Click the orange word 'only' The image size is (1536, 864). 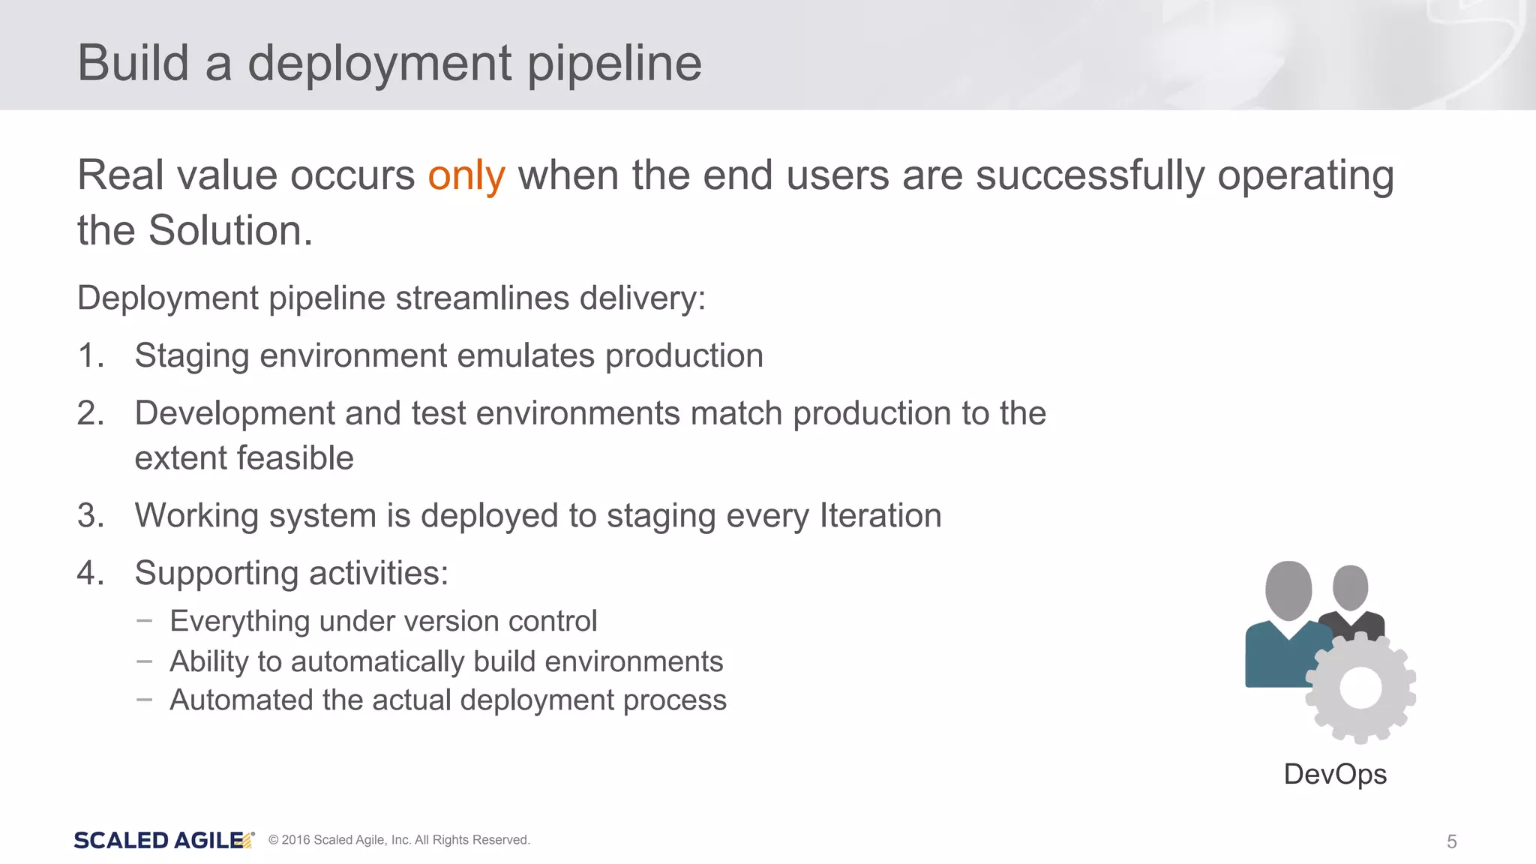pyautogui.click(x=466, y=177)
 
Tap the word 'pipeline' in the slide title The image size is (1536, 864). pyautogui.click(x=614, y=64)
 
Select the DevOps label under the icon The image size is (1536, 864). pyautogui.click(x=1335, y=775)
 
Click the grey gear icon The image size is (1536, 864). pyautogui.click(x=1360, y=688)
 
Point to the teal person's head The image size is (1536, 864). pyautogui.click(x=1288, y=589)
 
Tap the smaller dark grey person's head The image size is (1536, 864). pyautogui.click(x=1351, y=586)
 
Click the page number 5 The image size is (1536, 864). pyautogui.click(x=1451, y=841)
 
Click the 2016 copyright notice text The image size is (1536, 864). pyautogui.click(x=399, y=840)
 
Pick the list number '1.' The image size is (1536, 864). pyautogui.click(x=91, y=355)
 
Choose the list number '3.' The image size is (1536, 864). pyautogui.click(x=91, y=516)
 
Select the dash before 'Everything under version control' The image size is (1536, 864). pyautogui.click(x=145, y=621)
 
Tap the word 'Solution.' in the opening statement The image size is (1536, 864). pyautogui.click(x=230, y=230)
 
